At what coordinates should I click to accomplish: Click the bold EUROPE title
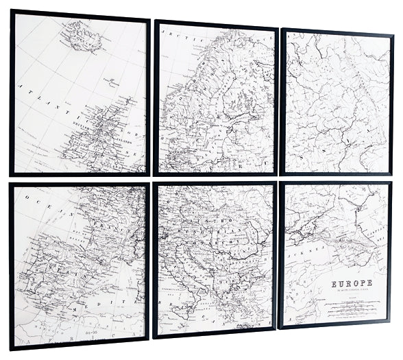tap(352, 283)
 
